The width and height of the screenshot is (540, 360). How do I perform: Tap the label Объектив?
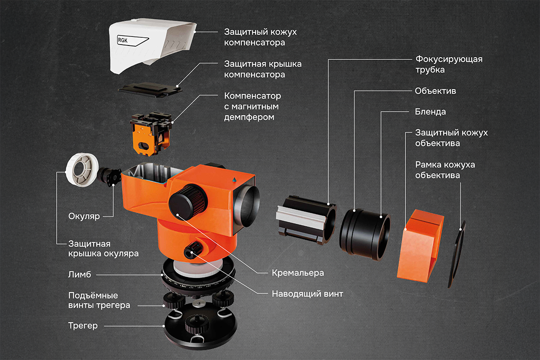pyautogui.click(x=436, y=91)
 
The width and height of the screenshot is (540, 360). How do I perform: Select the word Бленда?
pyautogui.click(x=430, y=112)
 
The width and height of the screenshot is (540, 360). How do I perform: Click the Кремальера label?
pyautogui.click(x=298, y=273)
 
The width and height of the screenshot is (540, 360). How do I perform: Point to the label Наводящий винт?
pyautogui.click(x=307, y=294)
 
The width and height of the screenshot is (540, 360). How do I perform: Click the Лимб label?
pyautogui.click(x=80, y=274)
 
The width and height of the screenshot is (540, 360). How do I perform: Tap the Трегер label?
pyautogui.click(x=83, y=326)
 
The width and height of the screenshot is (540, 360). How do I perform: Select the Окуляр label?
pyautogui.click(x=84, y=216)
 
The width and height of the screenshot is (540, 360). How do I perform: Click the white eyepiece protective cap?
pyautogui.click(x=82, y=171)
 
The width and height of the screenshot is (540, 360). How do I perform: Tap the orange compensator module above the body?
pyautogui.click(x=151, y=133)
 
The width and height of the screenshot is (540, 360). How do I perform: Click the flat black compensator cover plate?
pyautogui.click(x=150, y=90)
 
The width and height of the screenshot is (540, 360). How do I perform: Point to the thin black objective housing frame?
pyautogui.click(x=456, y=254)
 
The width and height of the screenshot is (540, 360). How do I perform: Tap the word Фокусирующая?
pyautogui.click(x=449, y=59)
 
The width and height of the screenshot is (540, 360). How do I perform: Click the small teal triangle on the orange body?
pyautogui.click(x=234, y=180)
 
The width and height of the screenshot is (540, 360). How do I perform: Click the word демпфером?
pyautogui.click(x=249, y=117)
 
